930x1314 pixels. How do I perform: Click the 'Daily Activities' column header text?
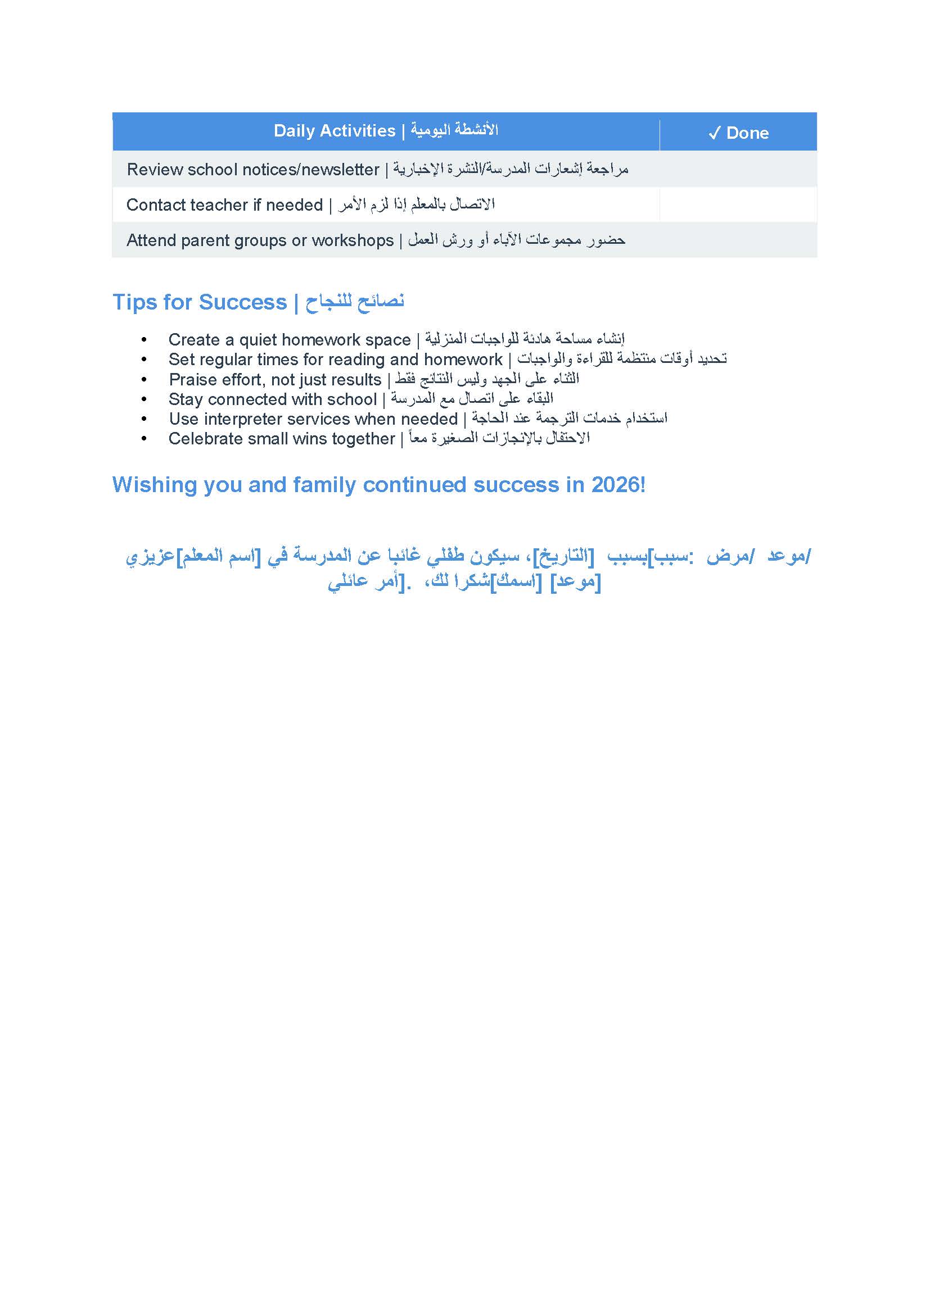click(x=335, y=131)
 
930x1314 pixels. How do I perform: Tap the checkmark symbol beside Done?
click(x=714, y=133)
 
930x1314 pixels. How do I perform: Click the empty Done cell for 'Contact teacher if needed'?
click(x=738, y=205)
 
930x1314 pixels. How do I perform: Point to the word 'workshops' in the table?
click(x=352, y=240)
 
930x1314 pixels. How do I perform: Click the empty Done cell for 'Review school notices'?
click(x=738, y=170)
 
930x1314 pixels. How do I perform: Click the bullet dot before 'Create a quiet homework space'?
click(x=144, y=340)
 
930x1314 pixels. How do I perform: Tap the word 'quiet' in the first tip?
click(x=258, y=340)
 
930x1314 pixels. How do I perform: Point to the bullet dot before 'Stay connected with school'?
click(x=144, y=399)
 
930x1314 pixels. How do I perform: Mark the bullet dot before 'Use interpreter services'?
click(x=144, y=419)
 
